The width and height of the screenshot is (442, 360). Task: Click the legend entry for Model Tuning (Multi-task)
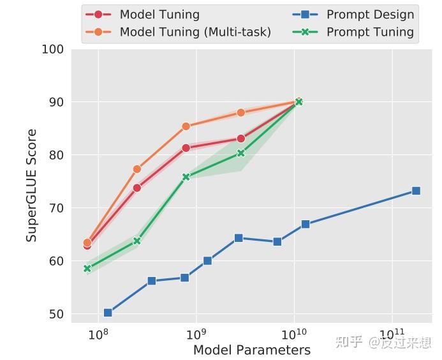(195, 32)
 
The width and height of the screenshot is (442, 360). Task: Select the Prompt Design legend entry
(370, 14)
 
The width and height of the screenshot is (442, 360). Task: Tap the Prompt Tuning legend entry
(370, 32)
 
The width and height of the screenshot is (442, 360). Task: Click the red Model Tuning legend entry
(159, 14)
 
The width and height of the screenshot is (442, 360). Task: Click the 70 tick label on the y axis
(55, 208)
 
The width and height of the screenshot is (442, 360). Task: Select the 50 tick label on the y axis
(55, 314)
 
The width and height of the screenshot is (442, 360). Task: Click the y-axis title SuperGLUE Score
(31, 186)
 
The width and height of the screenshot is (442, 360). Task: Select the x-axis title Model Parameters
(252, 350)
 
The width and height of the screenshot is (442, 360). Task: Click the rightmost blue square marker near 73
(416, 191)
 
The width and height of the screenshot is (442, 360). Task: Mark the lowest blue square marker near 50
(108, 313)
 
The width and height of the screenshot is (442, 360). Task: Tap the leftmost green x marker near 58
(87, 269)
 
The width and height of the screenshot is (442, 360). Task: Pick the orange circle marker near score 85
(186, 126)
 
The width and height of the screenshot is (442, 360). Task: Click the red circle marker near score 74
(136, 188)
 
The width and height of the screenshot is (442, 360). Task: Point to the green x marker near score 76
(186, 177)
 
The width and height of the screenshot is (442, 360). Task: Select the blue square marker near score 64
(239, 238)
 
